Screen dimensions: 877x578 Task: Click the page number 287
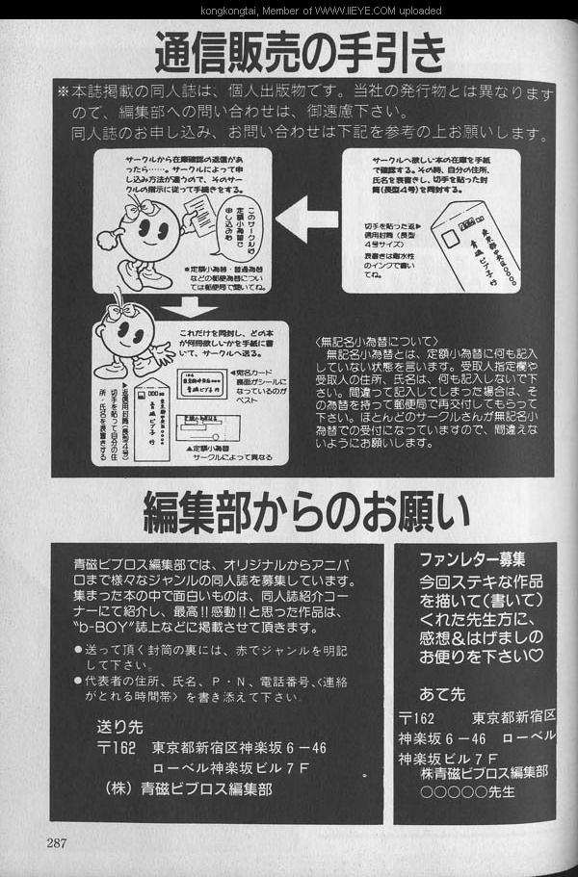pos(56,843)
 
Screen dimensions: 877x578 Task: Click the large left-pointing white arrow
pos(305,219)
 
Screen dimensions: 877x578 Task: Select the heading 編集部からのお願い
pos(306,512)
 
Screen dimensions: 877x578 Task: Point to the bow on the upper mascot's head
pos(141,204)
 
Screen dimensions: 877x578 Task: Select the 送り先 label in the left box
pos(120,727)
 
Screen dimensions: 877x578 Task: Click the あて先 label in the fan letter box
pos(442,693)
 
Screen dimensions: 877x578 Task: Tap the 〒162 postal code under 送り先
pos(118,748)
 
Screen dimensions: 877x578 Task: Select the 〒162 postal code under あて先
pos(417,719)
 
